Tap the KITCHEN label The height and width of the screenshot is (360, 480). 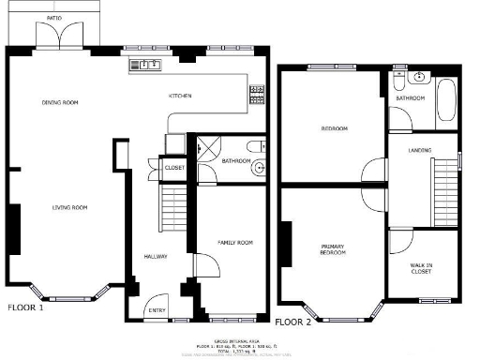pos(180,96)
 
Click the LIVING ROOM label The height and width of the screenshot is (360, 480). pos(69,207)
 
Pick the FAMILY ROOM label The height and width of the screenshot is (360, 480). pos(235,243)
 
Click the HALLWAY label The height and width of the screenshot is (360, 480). pos(155,256)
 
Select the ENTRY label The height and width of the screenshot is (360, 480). pos(157,311)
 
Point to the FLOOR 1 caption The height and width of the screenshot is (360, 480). pos(25,307)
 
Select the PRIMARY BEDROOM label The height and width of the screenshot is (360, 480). pos(332,249)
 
